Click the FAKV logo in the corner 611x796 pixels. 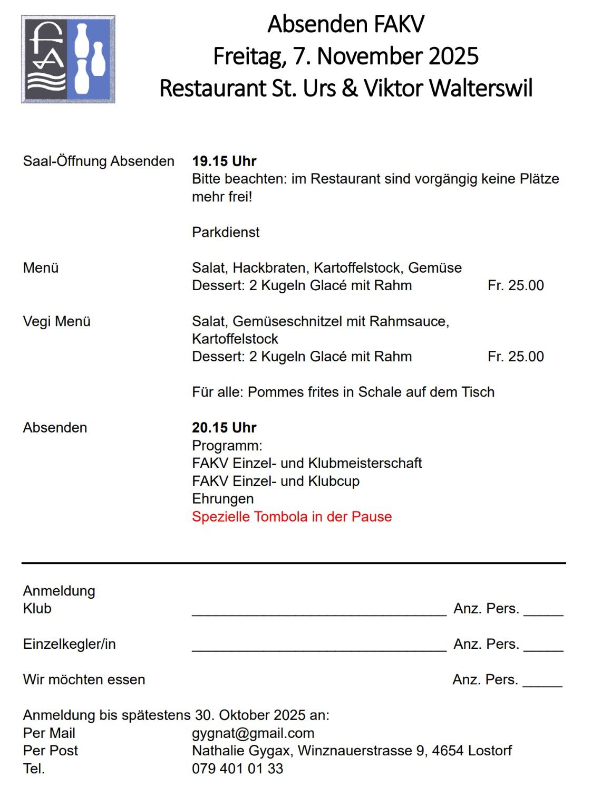click(68, 59)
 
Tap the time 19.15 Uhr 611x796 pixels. click(224, 161)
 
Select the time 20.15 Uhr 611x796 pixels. click(224, 427)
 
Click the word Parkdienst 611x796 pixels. click(226, 232)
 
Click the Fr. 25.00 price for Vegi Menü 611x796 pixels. click(516, 357)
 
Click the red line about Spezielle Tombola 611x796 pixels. click(292, 516)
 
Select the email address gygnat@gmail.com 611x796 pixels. click(253, 733)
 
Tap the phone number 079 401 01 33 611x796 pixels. click(237, 769)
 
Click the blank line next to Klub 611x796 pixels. click(319, 612)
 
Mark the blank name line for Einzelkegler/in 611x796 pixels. click(319, 648)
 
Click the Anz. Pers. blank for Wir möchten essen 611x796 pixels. click(542, 683)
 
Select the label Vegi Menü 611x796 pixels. click(57, 321)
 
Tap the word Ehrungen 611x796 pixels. click(222, 498)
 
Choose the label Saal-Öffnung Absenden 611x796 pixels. click(99, 161)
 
